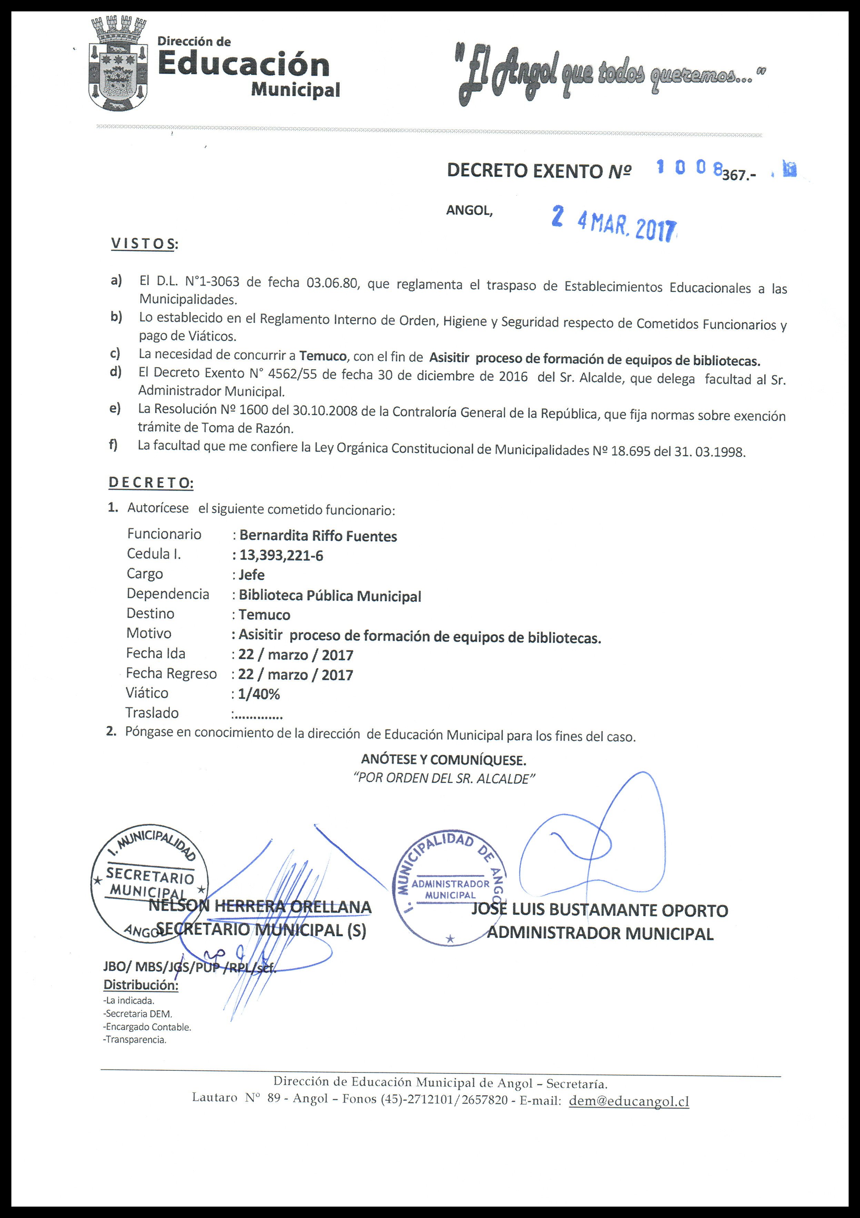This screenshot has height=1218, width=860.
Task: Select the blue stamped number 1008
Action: (x=689, y=168)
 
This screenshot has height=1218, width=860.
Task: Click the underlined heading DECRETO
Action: (x=151, y=483)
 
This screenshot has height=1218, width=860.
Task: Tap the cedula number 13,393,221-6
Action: (x=281, y=556)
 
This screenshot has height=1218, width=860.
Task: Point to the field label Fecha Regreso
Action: (x=171, y=674)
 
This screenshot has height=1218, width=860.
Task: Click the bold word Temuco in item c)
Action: (x=323, y=356)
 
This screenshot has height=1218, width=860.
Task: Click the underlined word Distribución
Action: (x=140, y=985)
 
